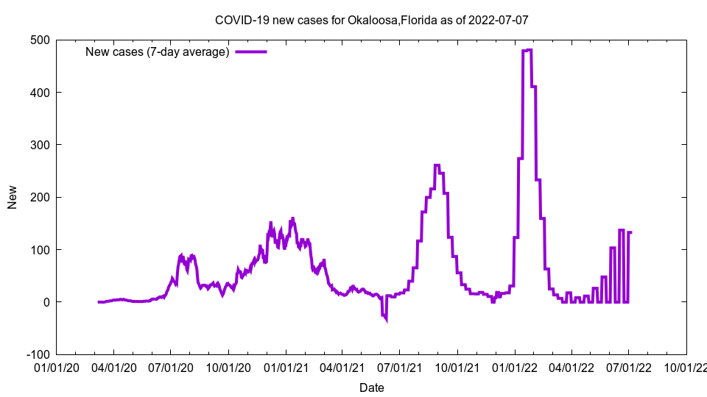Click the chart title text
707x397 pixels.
coord(371,20)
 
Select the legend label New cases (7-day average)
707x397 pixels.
coord(158,51)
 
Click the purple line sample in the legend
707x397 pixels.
coord(250,51)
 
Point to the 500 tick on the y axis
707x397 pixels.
coord(40,40)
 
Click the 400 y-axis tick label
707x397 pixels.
coord(40,93)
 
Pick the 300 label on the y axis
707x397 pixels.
coord(40,145)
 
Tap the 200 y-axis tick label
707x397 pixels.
coord(40,197)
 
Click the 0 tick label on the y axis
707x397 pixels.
coord(46,302)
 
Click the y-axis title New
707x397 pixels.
coord(13,197)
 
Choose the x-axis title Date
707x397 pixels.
coord(371,387)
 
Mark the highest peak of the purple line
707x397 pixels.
coord(527,50)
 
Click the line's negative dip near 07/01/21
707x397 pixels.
coord(385,318)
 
